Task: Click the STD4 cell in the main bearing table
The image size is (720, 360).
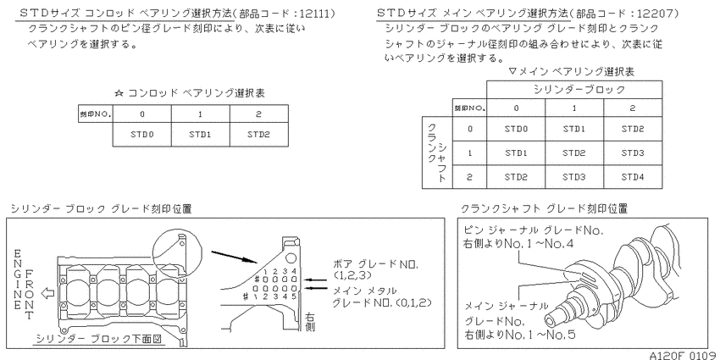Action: [x=633, y=177]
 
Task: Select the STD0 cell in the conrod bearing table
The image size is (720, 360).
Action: [x=142, y=135]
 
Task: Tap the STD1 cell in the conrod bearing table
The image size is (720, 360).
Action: [x=200, y=135]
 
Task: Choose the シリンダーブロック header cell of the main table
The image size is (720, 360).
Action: [x=574, y=90]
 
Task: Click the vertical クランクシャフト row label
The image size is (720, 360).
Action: [x=437, y=152]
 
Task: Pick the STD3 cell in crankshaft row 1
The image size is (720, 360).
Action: [x=633, y=153]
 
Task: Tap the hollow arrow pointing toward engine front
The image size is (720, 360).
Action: [x=47, y=293]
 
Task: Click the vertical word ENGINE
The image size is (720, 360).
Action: [x=18, y=280]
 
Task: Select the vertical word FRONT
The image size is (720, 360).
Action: [x=30, y=294]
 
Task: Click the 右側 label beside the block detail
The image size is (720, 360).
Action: [x=310, y=321]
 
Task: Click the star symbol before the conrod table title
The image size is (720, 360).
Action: [x=119, y=93]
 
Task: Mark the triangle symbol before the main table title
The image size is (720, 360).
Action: [x=513, y=72]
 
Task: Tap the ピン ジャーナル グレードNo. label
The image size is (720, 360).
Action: [x=534, y=230]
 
